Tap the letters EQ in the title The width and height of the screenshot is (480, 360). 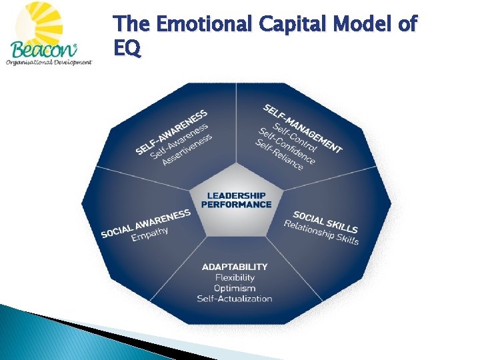[x=127, y=49]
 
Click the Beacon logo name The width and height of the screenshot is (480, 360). [x=41, y=49]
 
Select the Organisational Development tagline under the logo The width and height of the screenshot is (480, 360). [x=48, y=63]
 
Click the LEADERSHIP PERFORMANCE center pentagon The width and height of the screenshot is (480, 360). [x=236, y=199]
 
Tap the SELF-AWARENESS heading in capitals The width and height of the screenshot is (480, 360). [x=171, y=131]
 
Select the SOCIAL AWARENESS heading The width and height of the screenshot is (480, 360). [x=146, y=223]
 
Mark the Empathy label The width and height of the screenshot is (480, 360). [x=150, y=234]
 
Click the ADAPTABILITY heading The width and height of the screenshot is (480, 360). [x=235, y=267]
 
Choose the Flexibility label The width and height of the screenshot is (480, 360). [x=235, y=277]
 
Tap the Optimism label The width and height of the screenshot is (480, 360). [x=235, y=288]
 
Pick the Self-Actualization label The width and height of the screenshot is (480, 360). [x=235, y=299]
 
